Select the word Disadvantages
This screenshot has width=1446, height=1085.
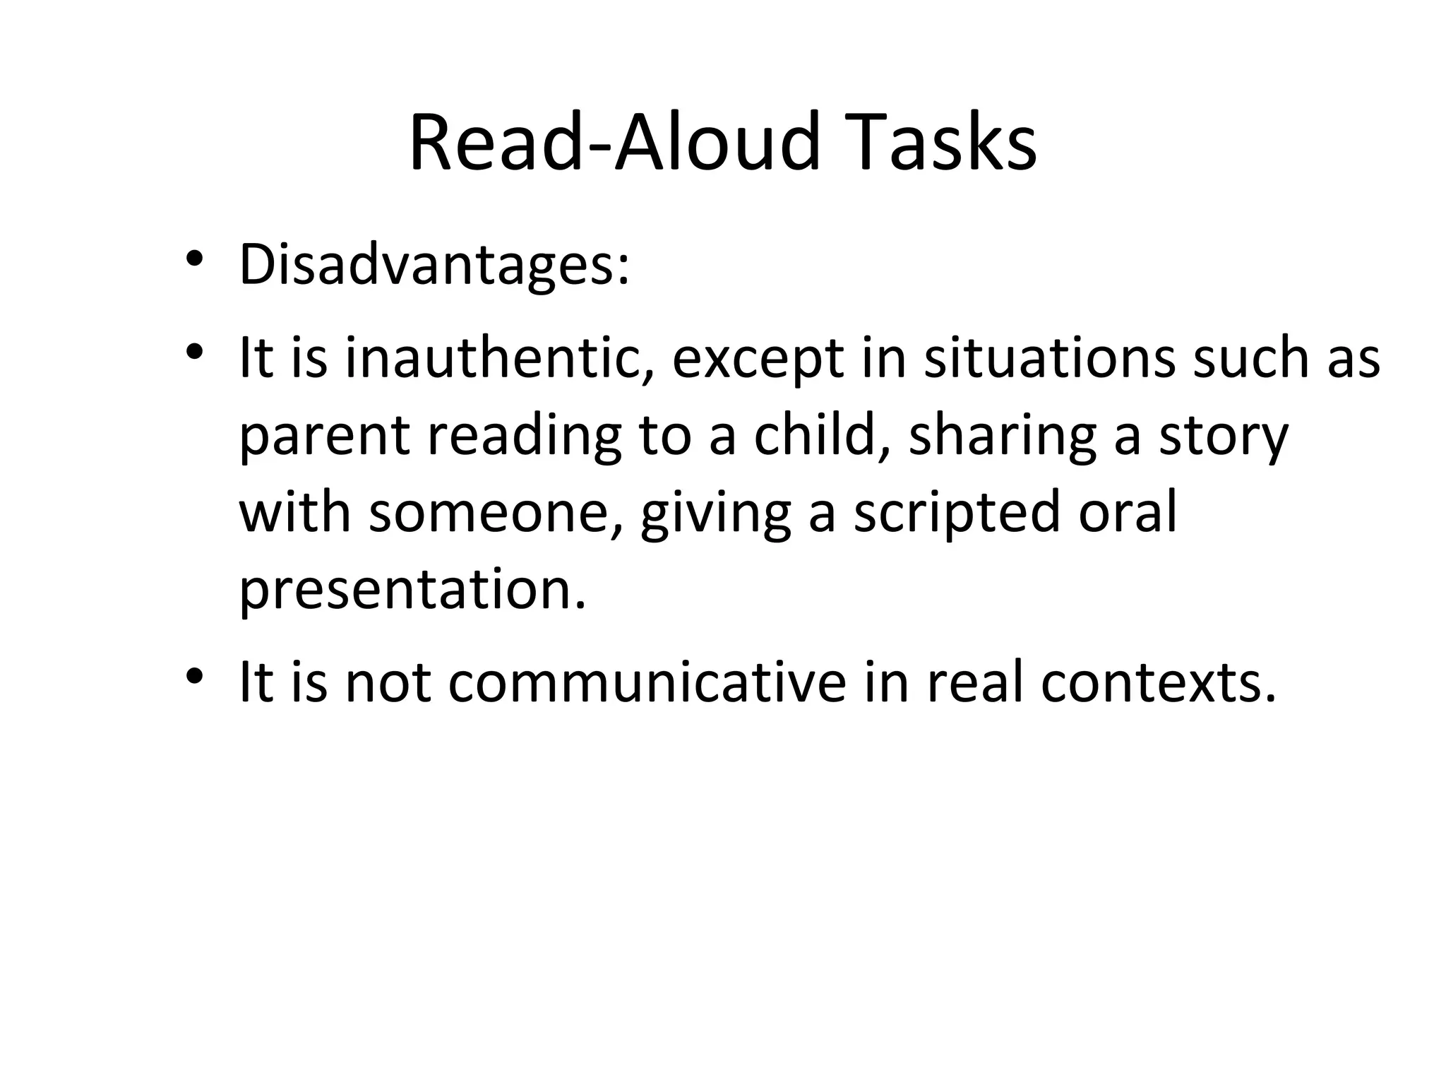tap(434, 266)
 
